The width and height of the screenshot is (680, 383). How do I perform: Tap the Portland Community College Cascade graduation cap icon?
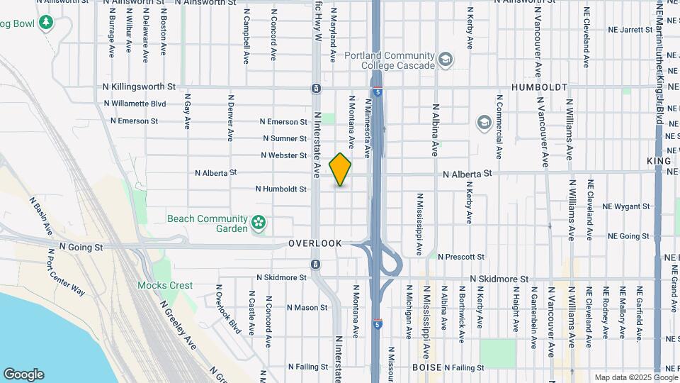click(x=446, y=60)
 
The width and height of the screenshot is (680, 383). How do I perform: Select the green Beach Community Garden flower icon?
click(x=259, y=223)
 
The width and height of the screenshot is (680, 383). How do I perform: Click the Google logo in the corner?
click(x=23, y=374)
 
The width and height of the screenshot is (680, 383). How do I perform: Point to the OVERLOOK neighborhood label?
click(x=314, y=243)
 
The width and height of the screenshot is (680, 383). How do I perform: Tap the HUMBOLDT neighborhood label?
click(x=539, y=87)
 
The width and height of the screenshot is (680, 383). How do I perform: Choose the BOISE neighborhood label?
click(x=427, y=367)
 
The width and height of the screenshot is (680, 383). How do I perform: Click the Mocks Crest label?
click(x=164, y=285)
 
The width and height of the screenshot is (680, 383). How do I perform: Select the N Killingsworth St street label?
click(x=140, y=87)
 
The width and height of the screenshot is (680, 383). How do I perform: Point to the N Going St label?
click(x=81, y=247)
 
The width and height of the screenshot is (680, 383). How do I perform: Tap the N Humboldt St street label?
click(x=281, y=189)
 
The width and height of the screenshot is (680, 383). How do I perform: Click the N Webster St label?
click(x=283, y=155)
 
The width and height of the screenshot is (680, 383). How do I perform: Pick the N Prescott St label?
click(x=461, y=256)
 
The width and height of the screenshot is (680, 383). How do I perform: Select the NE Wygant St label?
click(x=626, y=206)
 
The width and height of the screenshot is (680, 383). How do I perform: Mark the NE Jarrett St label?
click(x=630, y=30)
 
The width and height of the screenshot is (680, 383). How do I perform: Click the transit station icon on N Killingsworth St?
click(x=315, y=89)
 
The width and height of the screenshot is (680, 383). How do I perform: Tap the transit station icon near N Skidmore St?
click(x=315, y=264)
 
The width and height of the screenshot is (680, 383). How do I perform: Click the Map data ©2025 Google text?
click(x=635, y=377)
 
